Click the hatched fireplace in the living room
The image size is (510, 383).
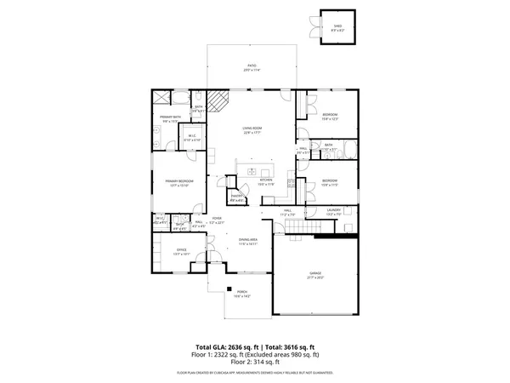219,103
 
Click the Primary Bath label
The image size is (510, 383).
170,119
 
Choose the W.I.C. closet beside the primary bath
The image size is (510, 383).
191,136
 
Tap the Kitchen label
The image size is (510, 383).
266,181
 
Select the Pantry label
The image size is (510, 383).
238,198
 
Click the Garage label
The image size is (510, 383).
315,274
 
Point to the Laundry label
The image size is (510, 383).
334,212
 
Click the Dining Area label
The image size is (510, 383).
248,242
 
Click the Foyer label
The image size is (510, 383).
218,219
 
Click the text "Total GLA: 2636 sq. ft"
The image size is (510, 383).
224,347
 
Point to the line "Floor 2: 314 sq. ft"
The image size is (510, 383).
255,362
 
